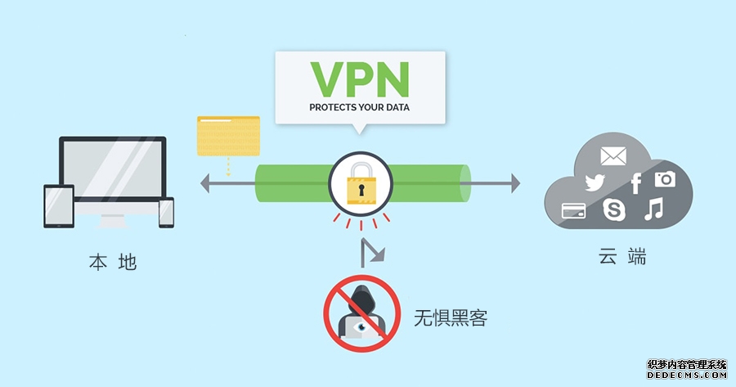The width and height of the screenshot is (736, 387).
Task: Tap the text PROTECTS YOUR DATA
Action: coord(360,107)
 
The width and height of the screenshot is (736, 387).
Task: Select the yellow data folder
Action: coord(228,136)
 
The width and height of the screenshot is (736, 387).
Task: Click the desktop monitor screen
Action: coord(112,169)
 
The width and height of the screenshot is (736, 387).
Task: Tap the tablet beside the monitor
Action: coord(59,205)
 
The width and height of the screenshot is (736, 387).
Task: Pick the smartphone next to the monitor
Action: coord(166,212)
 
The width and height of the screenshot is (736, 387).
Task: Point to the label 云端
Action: coord(622,257)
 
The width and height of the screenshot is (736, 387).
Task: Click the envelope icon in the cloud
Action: coord(613,155)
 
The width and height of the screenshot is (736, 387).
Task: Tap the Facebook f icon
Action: coord(635,183)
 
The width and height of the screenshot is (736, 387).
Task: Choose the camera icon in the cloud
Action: coord(665,178)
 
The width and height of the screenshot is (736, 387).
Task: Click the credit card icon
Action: coord(573,212)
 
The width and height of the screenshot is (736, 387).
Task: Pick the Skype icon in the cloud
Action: coord(613,209)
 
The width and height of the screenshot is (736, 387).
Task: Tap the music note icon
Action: coord(653,209)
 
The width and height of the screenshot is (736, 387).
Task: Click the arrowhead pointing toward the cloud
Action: coord(514,183)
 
